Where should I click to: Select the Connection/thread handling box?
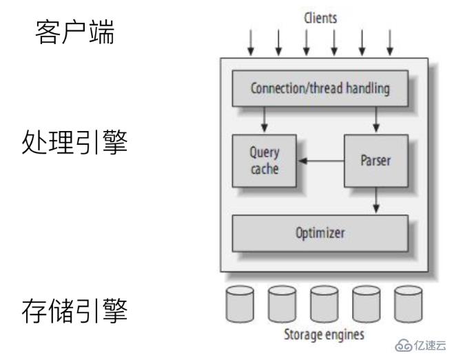pos(321,90)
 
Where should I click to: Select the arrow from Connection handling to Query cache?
pos(265,121)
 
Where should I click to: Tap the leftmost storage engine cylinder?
pos(239,304)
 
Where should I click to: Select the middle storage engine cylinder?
pos(323,304)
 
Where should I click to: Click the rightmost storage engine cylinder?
pos(408,304)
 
